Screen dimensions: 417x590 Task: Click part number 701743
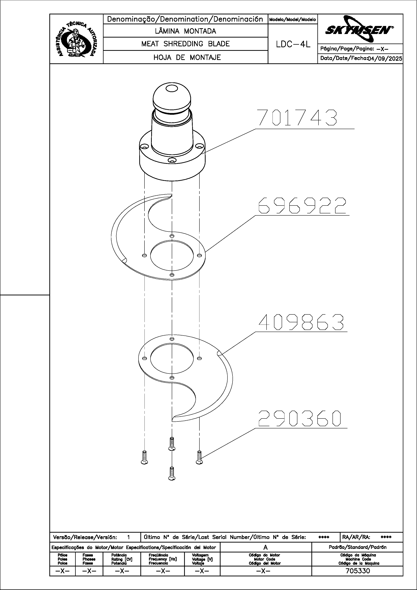pos(297,118)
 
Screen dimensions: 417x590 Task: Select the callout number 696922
pos(302,206)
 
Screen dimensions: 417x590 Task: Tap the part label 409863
pos(301,322)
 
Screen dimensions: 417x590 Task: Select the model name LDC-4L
pos(293,44)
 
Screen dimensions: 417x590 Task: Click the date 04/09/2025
pos(385,59)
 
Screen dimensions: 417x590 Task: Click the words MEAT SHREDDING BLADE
pos(185,44)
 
